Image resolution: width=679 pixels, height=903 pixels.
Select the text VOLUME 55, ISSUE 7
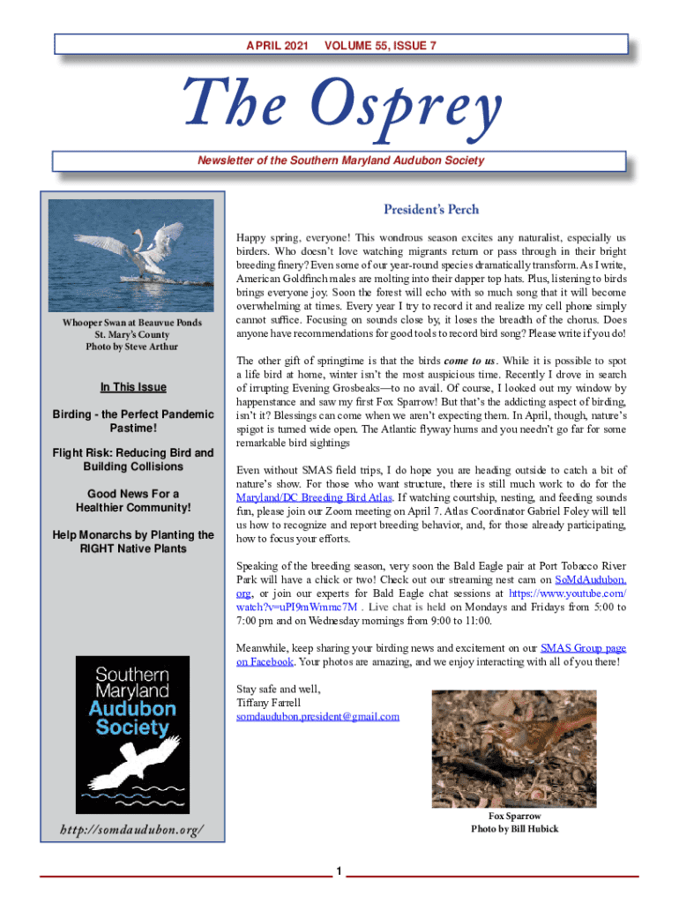click(x=380, y=45)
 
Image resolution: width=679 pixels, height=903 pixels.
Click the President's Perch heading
click(x=431, y=209)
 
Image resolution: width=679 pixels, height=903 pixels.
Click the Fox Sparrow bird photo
click(x=513, y=748)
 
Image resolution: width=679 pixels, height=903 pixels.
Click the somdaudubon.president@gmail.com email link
click(x=317, y=716)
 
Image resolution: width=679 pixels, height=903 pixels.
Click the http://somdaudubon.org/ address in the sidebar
click(x=132, y=830)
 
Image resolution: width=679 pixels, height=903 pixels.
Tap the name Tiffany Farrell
click(x=269, y=703)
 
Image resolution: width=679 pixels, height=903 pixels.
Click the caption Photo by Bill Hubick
click(x=514, y=829)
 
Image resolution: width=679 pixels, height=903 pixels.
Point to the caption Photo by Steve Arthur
click(x=132, y=347)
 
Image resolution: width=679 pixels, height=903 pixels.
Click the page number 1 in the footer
click(x=339, y=872)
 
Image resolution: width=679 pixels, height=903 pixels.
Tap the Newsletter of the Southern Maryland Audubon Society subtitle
click(x=339, y=160)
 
